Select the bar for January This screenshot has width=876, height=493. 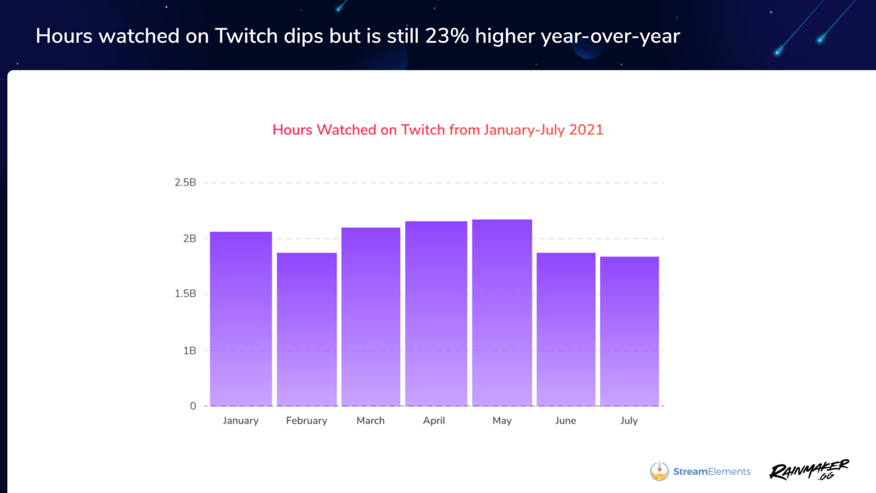[x=241, y=319]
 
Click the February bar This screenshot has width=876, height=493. [x=307, y=329]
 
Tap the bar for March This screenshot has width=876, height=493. [x=371, y=317]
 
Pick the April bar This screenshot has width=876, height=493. [x=436, y=314]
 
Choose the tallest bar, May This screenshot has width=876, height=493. [x=502, y=313]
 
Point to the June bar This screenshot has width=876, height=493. [x=566, y=329]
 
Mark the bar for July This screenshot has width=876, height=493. [x=629, y=332]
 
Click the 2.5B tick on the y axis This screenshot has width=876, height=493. [x=185, y=183]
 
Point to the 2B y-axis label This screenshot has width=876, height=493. [x=190, y=238]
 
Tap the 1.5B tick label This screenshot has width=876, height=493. [x=185, y=294]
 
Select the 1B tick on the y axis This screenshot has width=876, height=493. [x=190, y=351]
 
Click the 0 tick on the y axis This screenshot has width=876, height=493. [x=193, y=406]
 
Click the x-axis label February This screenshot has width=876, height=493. [x=307, y=421]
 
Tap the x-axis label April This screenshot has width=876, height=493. [x=434, y=421]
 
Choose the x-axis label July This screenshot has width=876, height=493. [x=629, y=421]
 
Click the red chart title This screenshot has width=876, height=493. [x=438, y=130]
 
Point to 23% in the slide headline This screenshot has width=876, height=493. [x=447, y=36]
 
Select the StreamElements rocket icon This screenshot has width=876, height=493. [x=659, y=471]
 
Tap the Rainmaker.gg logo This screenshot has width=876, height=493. [x=809, y=470]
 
